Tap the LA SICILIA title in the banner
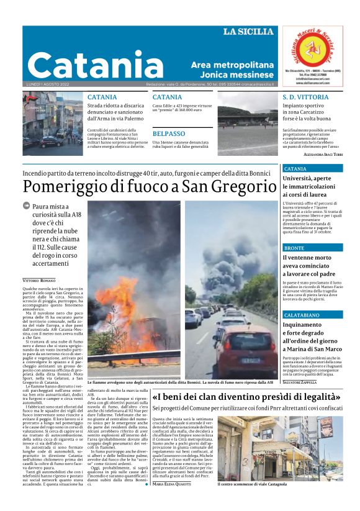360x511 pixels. click(248, 32)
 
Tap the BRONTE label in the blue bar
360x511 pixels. click(294, 248)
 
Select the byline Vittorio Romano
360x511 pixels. click(39, 281)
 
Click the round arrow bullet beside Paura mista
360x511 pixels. click(26, 206)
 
